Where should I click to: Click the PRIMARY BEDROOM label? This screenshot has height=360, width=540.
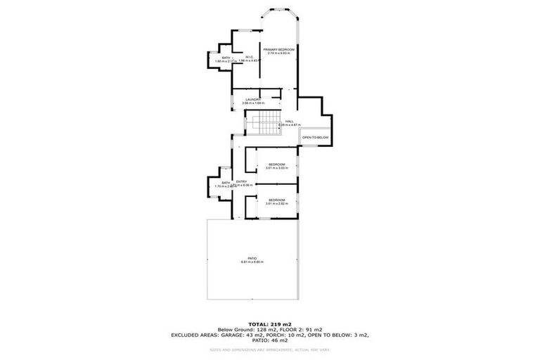[x=279, y=49]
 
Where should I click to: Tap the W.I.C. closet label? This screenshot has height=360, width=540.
[x=250, y=57]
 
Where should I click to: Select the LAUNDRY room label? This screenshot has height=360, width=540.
[x=253, y=99]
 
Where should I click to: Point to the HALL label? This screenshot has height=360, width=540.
[x=289, y=121]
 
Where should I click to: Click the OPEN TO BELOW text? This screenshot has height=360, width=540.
[x=316, y=137]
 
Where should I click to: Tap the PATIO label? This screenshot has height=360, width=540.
[x=252, y=258]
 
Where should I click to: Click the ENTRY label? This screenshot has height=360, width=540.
[x=241, y=181]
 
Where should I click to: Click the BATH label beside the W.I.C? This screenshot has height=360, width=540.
[x=226, y=57]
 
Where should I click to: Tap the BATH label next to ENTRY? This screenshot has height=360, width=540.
[x=226, y=182]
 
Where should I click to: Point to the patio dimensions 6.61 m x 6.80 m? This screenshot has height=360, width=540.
[x=252, y=262]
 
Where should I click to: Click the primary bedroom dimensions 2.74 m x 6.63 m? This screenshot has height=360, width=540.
[x=279, y=53]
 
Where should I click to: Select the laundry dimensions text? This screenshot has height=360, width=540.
[x=253, y=103]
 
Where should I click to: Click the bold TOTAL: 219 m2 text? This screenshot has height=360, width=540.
[x=270, y=323]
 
